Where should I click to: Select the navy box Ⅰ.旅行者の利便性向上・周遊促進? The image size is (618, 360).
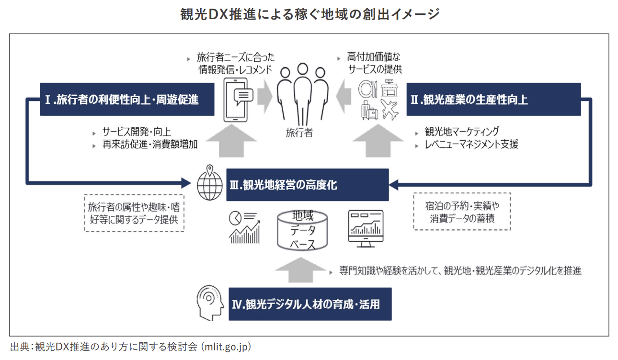tap(127, 100)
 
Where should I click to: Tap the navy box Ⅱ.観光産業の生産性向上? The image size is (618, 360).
tap(493, 100)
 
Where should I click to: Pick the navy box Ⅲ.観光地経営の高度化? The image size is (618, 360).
tap(307, 185)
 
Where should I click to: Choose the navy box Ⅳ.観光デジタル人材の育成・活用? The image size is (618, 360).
tap(310, 304)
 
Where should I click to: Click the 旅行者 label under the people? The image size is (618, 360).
tap(299, 133)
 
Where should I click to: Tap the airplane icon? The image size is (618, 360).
tap(390, 109)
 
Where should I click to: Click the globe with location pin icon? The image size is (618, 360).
tap(209, 183)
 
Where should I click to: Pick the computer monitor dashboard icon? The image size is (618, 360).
tap(365, 228)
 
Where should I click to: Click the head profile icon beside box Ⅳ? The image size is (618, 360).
tap(210, 303)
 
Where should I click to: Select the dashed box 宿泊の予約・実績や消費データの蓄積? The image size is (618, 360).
tap(462, 212)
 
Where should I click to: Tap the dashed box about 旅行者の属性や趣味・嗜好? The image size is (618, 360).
tap(134, 214)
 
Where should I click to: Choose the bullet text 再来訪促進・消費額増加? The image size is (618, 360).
tap(149, 144)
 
